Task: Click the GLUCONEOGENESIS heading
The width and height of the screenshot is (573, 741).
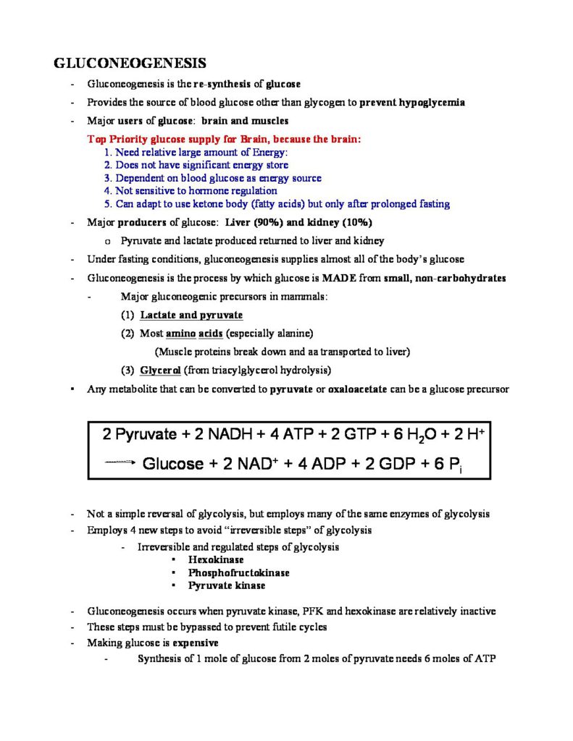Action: click(x=130, y=63)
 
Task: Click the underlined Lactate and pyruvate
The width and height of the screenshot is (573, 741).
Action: click(x=191, y=315)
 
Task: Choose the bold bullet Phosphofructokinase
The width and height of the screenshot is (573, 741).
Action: click(x=239, y=572)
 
